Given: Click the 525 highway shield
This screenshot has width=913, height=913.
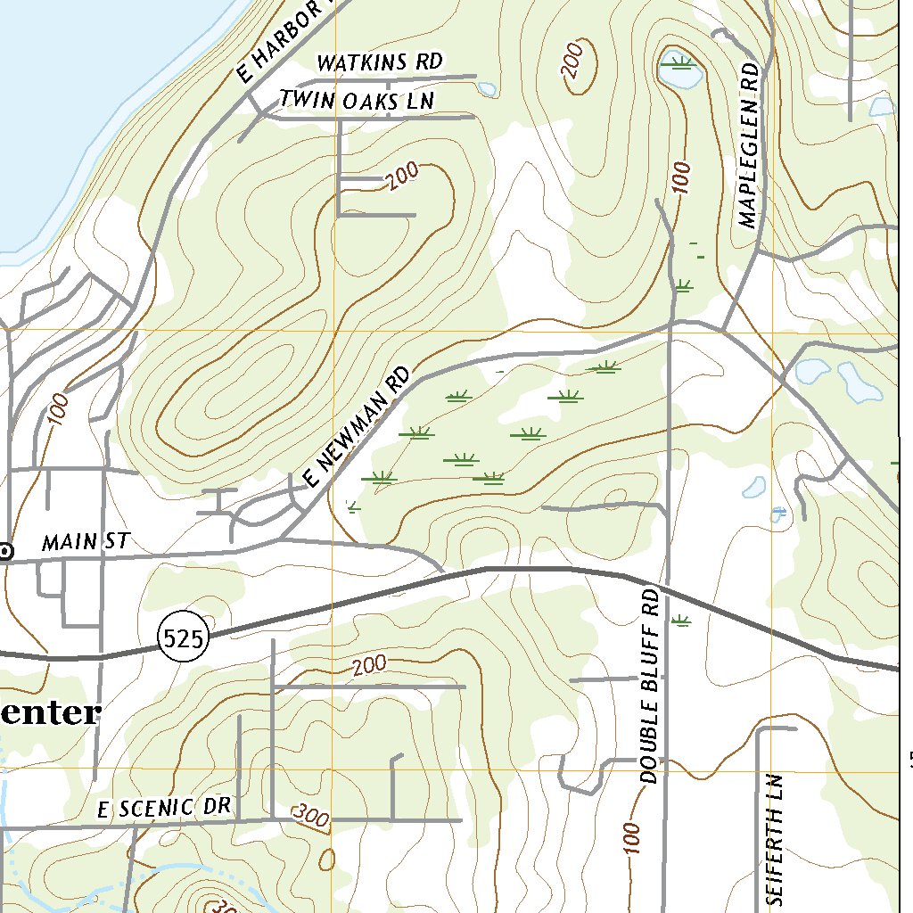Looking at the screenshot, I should tap(185, 637).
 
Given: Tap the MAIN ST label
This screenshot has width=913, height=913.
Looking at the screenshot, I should tap(86, 541).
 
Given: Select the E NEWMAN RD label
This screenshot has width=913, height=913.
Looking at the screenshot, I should tap(356, 427).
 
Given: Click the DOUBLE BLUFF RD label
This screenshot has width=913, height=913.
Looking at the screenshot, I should tap(650, 686).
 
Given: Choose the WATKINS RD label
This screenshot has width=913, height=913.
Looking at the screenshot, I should tap(380, 62).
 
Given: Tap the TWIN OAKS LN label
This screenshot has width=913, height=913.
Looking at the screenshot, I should tap(357, 101).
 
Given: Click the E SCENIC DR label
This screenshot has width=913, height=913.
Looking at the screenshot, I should tap(165, 808).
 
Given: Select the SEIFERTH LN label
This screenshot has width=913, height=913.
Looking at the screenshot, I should tap(774, 836).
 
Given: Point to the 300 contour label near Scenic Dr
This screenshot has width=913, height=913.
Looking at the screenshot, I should tap(310, 814).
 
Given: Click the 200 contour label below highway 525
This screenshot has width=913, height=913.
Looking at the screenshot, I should tap(369, 665).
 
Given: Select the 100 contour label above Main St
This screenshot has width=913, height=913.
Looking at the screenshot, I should tap(60, 408).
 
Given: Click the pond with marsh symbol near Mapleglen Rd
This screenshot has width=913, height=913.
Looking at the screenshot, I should tap(680, 71).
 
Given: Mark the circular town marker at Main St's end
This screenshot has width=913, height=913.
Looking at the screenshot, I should tap(6, 552).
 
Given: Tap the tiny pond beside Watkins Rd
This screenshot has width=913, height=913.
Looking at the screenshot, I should tap(487, 88).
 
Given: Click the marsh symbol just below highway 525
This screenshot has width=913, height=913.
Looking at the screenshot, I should tap(682, 621).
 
